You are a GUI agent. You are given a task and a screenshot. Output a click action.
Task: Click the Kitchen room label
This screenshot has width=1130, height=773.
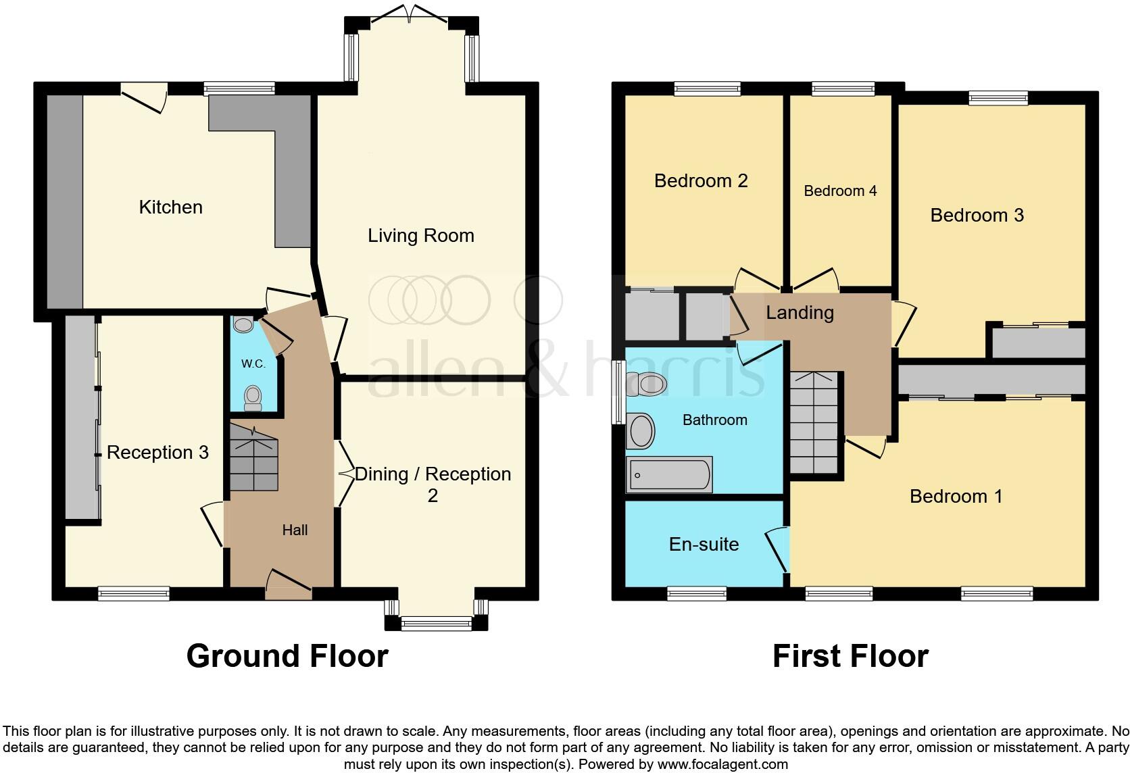pos(170,207)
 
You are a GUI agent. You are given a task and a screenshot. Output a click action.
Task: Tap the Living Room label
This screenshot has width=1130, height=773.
pos(421,235)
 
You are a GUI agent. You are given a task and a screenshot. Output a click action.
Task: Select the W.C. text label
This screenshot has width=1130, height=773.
pos(253,364)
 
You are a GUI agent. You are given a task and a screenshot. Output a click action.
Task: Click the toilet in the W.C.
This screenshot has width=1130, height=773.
pos(253,399)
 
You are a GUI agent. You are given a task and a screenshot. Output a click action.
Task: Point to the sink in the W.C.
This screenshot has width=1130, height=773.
pos(244,324)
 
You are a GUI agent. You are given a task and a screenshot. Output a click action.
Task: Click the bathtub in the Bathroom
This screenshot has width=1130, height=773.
pos(669,474)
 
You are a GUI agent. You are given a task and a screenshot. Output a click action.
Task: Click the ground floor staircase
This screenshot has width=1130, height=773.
pos(253,458)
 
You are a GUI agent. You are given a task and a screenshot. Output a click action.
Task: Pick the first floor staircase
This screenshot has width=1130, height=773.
pos(814,422)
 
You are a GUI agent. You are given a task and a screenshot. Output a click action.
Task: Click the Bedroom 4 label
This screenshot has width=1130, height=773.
pos(840,191)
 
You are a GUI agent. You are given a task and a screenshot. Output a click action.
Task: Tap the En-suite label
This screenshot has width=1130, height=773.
pos(704,545)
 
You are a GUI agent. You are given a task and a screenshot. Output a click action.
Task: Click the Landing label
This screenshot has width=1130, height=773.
pos(800,313)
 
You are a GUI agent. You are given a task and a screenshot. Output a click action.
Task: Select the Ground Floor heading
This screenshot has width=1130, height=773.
pos(287,656)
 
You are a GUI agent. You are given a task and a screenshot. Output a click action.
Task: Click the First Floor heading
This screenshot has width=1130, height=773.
pos(850,656)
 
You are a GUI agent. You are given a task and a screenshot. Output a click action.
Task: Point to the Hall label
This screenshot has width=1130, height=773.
pos(295,530)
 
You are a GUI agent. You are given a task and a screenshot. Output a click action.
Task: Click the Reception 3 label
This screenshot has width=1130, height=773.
pos(157,452)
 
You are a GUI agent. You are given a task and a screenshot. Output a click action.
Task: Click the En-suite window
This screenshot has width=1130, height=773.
pos(697,593)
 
